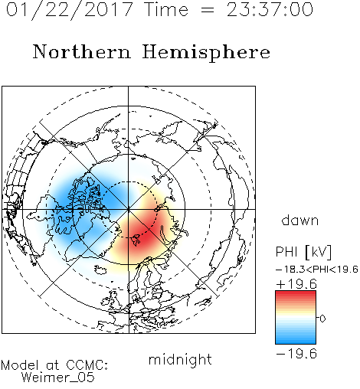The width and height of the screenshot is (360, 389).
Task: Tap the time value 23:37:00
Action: click(270, 10)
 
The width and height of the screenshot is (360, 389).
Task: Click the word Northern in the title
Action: click(82, 52)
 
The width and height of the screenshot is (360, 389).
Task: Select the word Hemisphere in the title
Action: click(206, 53)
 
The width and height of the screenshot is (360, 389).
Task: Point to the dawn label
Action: click(300, 220)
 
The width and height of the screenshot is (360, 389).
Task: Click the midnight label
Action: click(180, 359)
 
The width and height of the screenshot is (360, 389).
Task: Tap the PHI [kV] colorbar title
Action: click(303, 252)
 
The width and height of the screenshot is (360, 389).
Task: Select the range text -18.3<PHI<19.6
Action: click(317, 270)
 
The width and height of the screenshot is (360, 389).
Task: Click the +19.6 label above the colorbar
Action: click(296, 284)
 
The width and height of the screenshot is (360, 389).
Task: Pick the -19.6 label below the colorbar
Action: click(296, 354)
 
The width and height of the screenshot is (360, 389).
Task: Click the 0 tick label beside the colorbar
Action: click(322, 319)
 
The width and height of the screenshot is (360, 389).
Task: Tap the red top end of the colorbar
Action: click(296, 293)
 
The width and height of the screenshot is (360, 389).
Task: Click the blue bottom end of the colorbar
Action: click(296, 342)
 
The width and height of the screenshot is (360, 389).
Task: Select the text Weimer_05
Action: click(58, 378)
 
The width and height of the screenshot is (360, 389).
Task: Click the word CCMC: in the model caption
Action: click(87, 365)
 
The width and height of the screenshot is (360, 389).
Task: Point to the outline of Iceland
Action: click(100, 270)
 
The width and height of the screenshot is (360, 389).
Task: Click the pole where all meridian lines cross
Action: click(129, 209)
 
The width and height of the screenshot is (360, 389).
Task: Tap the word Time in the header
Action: click(166, 10)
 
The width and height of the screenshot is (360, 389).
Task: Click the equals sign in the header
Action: click(207, 10)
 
